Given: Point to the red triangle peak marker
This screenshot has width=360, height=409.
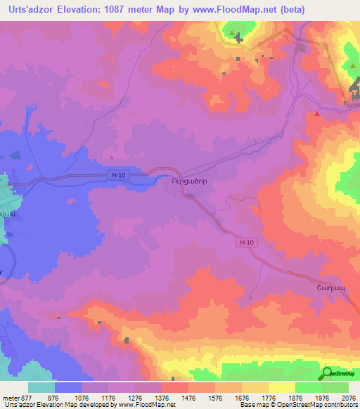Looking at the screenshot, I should pyautogui.click(x=318, y=112).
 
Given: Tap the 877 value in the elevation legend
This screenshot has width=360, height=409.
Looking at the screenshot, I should pyautogui.click(x=27, y=398).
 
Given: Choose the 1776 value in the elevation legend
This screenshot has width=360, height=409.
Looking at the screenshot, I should pyautogui.click(x=255, y=398).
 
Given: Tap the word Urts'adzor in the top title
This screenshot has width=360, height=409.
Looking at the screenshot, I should pyautogui.click(x=28, y=9).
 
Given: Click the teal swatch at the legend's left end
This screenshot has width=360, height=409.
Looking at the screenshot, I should pyautogui.click(x=41, y=387).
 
